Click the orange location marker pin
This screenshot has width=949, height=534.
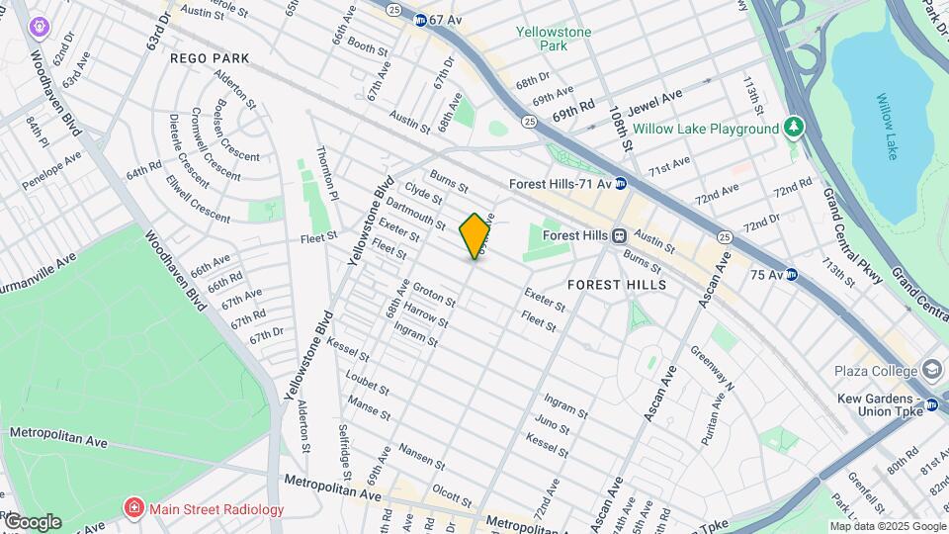pyautogui.click(x=475, y=235)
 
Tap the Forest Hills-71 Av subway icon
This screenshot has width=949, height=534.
pyautogui.click(x=621, y=183)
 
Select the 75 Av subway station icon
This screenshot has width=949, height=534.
pyautogui.click(x=792, y=274)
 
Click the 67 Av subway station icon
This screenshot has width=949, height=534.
pyautogui.click(x=421, y=20)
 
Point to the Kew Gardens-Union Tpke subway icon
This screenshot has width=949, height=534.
pyautogui.click(x=931, y=403)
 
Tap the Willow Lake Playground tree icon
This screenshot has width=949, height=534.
pyautogui.click(x=792, y=128)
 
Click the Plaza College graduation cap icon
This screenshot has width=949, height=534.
pyautogui.click(x=931, y=366)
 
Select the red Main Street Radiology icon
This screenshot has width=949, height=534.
pyautogui.click(x=133, y=509)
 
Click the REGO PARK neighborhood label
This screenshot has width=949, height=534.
pyautogui.click(x=210, y=58)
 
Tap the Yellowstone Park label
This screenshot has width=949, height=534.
pyautogui.click(x=554, y=39)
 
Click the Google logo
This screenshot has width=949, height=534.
pyautogui.click(x=32, y=522)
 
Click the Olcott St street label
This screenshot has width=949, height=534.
pyautogui.click(x=452, y=489)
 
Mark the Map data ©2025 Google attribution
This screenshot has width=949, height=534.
pyautogui.click(x=888, y=526)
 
